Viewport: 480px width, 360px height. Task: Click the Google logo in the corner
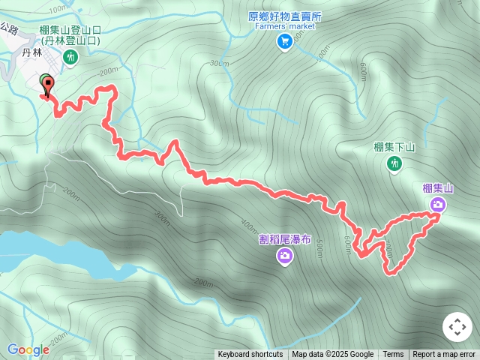28,349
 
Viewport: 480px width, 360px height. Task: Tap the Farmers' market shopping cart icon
285,42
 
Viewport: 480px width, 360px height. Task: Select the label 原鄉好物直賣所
285,16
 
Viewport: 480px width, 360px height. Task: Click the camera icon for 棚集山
437,204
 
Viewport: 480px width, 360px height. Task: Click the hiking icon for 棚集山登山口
71,57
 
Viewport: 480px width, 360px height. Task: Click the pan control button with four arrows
457,328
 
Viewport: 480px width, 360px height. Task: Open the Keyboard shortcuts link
250,355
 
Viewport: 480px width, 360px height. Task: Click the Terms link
393,355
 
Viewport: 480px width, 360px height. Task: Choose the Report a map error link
444,355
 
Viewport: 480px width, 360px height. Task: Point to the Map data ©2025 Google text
332,355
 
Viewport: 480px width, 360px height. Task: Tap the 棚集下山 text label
394,147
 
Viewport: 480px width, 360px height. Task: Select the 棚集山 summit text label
438,188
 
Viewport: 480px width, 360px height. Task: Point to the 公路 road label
8,28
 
